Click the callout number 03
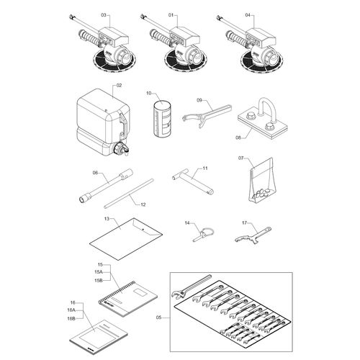coord(104,15)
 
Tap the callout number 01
coord(171,15)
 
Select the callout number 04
coord(248,15)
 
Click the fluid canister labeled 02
coord(104,121)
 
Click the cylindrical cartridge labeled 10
coord(162,119)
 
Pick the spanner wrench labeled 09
coord(207,116)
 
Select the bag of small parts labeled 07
coord(262,179)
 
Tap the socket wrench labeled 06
coord(106,186)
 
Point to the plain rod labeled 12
coord(129,194)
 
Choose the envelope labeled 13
coord(126,239)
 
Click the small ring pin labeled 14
coord(204,235)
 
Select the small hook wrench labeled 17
coord(253,236)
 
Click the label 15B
coord(99,280)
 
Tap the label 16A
coord(71,310)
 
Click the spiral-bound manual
coord(128,298)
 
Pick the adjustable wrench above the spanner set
coord(192,286)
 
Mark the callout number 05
coord(158,318)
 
